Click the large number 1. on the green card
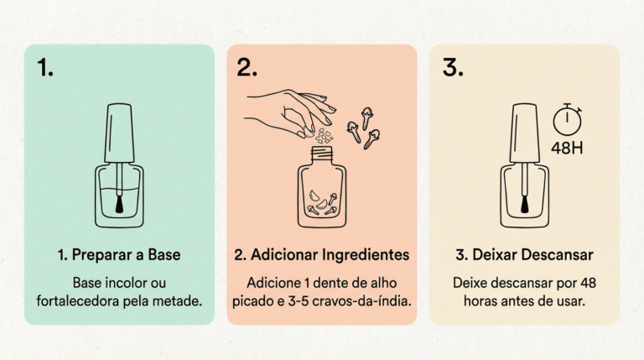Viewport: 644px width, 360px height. (x=45, y=67)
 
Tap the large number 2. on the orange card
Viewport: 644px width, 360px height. (x=247, y=67)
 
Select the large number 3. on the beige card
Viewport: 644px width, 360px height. (x=453, y=67)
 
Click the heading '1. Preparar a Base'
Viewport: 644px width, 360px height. (x=119, y=255)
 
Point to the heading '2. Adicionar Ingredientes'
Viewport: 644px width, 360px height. (x=322, y=255)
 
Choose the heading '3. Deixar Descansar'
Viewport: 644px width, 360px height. (x=524, y=255)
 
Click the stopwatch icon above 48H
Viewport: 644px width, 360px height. (x=567, y=120)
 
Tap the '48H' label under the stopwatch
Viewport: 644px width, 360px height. (x=567, y=148)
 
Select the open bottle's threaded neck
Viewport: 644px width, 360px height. (x=322, y=154)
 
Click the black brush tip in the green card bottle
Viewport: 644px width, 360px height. (x=119, y=204)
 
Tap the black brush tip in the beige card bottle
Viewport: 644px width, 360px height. (x=524, y=204)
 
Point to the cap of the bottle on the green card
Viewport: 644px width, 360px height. (x=119, y=133)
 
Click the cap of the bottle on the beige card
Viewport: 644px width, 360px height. (x=524, y=133)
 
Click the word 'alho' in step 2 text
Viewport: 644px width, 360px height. (x=383, y=283)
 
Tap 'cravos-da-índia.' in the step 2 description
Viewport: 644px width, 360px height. (x=362, y=301)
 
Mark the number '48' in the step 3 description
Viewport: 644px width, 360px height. (x=588, y=283)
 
